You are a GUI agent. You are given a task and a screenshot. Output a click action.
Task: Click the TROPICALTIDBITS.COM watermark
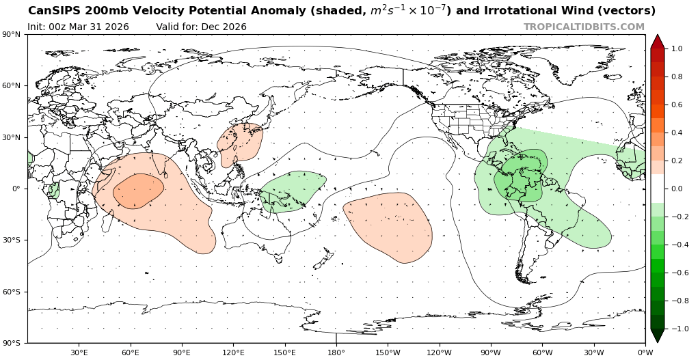(x=584, y=27)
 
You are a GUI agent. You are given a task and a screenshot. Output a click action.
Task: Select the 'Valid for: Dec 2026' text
(x=201, y=27)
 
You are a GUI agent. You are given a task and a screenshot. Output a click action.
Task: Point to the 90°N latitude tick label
(x=12, y=34)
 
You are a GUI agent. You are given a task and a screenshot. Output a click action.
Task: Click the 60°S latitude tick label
(x=12, y=292)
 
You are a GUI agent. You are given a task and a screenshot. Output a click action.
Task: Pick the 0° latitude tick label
(x=16, y=189)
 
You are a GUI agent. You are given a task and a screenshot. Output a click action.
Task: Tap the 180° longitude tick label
(x=336, y=352)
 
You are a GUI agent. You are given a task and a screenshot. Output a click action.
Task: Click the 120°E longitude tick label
(x=233, y=352)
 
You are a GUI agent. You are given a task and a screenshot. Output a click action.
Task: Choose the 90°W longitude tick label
(x=491, y=352)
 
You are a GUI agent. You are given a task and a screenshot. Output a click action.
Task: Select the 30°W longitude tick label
(x=593, y=352)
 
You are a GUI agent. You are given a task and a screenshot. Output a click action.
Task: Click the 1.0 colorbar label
(x=677, y=49)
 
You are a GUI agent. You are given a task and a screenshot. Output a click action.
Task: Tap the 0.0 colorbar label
(x=677, y=189)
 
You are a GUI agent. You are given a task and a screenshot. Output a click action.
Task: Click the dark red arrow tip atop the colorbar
(x=657, y=40)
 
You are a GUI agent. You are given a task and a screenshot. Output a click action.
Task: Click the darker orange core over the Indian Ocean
(x=138, y=191)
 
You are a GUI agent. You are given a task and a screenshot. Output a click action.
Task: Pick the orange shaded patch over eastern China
(x=240, y=143)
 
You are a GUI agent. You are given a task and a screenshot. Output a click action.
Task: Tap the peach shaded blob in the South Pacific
(x=388, y=227)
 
